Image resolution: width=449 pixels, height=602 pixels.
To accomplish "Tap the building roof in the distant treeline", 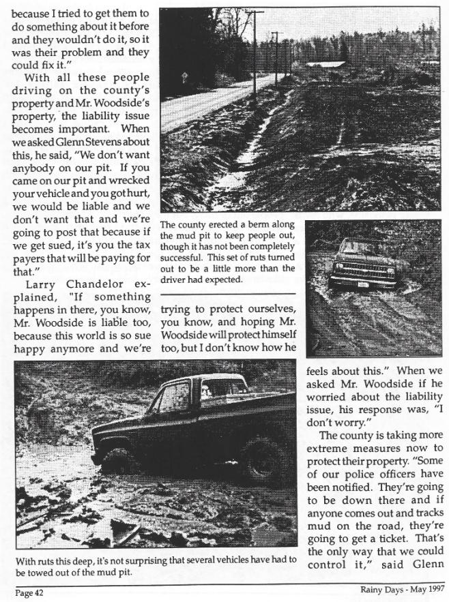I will (x=324, y=64).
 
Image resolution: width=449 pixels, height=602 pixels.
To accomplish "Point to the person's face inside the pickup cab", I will (x=205, y=391).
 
